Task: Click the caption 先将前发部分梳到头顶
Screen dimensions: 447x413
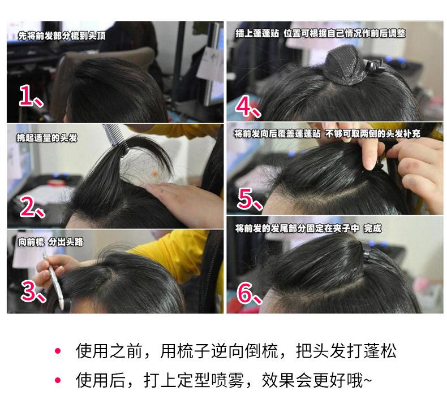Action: coord(62,36)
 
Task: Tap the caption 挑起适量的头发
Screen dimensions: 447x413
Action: coord(47,138)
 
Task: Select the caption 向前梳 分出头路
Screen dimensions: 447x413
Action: coord(50,242)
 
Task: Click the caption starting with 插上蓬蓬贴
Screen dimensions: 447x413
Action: coord(320,33)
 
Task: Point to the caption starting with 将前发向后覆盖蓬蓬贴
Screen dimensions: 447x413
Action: coord(327,133)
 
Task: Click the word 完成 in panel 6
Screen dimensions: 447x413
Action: coord(372,228)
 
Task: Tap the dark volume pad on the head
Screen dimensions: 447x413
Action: coord(345,67)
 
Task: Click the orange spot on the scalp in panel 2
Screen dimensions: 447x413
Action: coord(154,173)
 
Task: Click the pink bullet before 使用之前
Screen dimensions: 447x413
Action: coord(58,350)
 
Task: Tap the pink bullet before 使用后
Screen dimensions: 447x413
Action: coord(58,380)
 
